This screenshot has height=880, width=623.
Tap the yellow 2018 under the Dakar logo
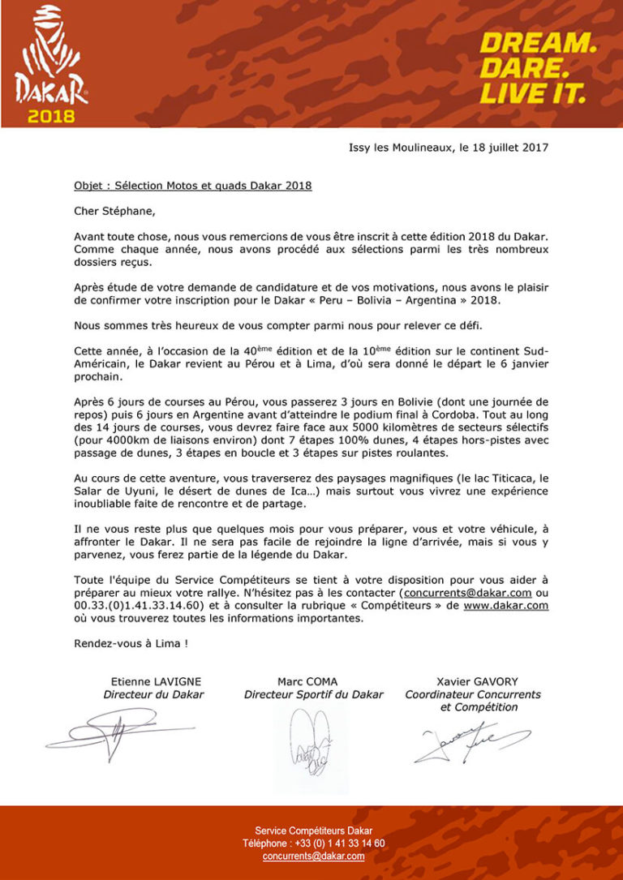pos(51,115)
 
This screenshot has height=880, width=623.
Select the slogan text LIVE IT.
pos(531,93)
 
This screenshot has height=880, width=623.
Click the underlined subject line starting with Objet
pos(192,185)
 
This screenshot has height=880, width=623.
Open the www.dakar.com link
pos(506,605)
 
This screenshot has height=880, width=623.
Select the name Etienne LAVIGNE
pos(156,681)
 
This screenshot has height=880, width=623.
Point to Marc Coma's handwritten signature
pos(309,742)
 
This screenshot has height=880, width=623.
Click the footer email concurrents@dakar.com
pos(313,856)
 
